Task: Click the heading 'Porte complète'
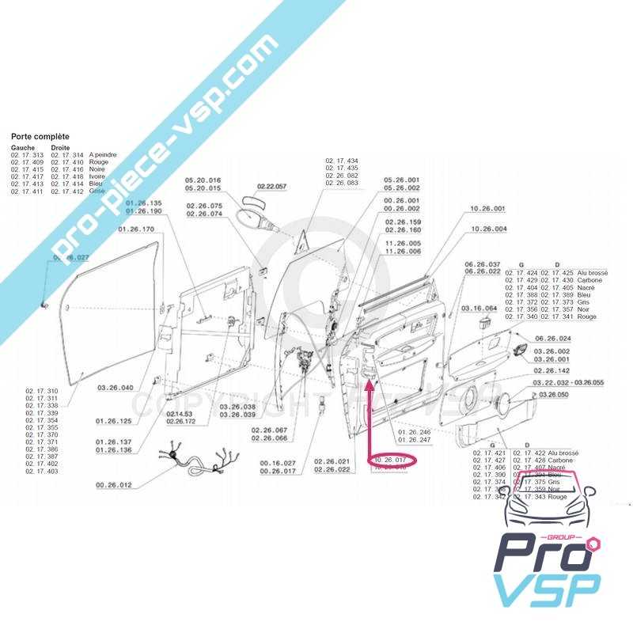click(x=40, y=137)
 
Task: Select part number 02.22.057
click(x=271, y=187)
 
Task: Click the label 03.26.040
click(x=116, y=388)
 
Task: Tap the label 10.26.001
click(x=487, y=209)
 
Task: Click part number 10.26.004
click(x=488, y=229)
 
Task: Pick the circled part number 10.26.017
click(x=390, y=459)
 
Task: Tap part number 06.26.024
click(x=553, y=338)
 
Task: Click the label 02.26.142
click(x=552, y=370)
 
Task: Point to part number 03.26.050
click(x=553, y=393)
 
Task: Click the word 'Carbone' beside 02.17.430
click(x=589, y=280)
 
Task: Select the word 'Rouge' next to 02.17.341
click(x=587, y=316)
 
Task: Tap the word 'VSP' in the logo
click(x=546, y=589)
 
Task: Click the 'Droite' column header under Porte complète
click(x=60, y=148)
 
